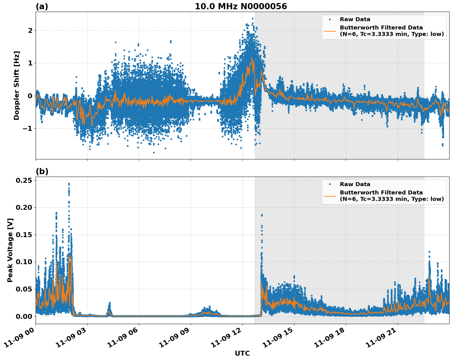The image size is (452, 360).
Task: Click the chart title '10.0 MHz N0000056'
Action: pos(241,6)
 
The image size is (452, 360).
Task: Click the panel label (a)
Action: pos(42,6)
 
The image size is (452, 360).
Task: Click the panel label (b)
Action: pos(42,171)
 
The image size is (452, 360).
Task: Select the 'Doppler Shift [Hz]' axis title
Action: pos(17,85)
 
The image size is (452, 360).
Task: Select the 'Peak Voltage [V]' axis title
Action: pos(10,250)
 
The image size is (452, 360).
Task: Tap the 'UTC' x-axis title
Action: pos(242,353)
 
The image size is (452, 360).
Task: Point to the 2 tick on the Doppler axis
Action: pos(30,30)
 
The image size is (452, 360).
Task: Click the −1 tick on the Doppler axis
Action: pos(28,128)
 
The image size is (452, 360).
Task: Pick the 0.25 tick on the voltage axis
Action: pos(24,180)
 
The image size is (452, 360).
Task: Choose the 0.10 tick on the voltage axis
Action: pos(24,262)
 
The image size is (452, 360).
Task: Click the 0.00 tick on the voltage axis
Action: pos(24,316)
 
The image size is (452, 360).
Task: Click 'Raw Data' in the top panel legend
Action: pos(355,19)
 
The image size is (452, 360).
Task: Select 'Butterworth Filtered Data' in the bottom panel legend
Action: pos(381,193)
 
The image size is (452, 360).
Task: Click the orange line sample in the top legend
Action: pos(330,31)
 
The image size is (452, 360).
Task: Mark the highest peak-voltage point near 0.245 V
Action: pos(69,184)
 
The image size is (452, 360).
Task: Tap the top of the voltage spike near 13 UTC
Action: pos(262,215)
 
